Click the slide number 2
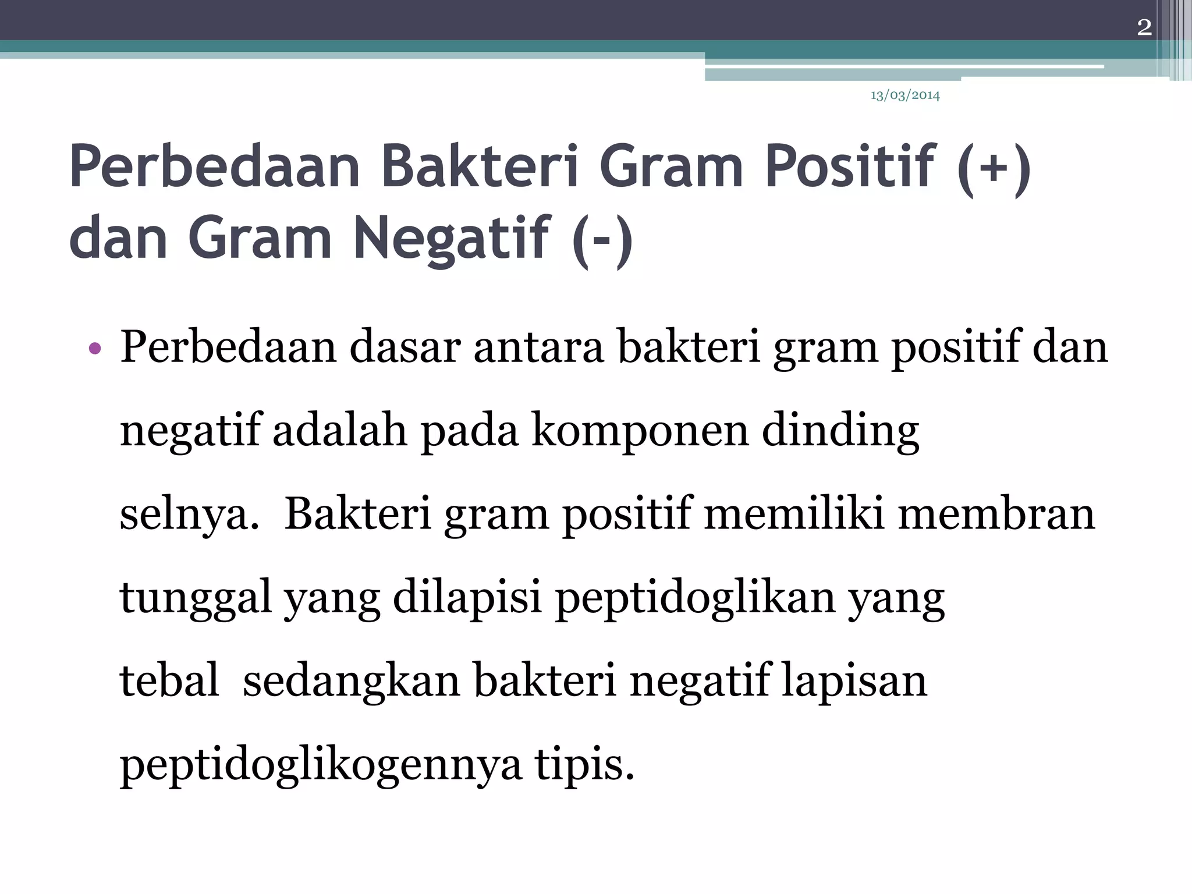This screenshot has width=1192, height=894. point(1144,27)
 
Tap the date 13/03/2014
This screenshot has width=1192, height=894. point(904,95)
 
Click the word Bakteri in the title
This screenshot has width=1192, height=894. point(480,166)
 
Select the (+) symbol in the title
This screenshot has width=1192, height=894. point(994,169)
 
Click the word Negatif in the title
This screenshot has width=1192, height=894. point(451,237)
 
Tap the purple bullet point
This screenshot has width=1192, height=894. point(95,349)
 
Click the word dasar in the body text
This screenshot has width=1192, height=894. point(405,347)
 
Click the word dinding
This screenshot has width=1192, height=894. point(840,431)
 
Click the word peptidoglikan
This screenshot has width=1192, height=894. point(695,598)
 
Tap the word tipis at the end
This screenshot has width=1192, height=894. point(584,765)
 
